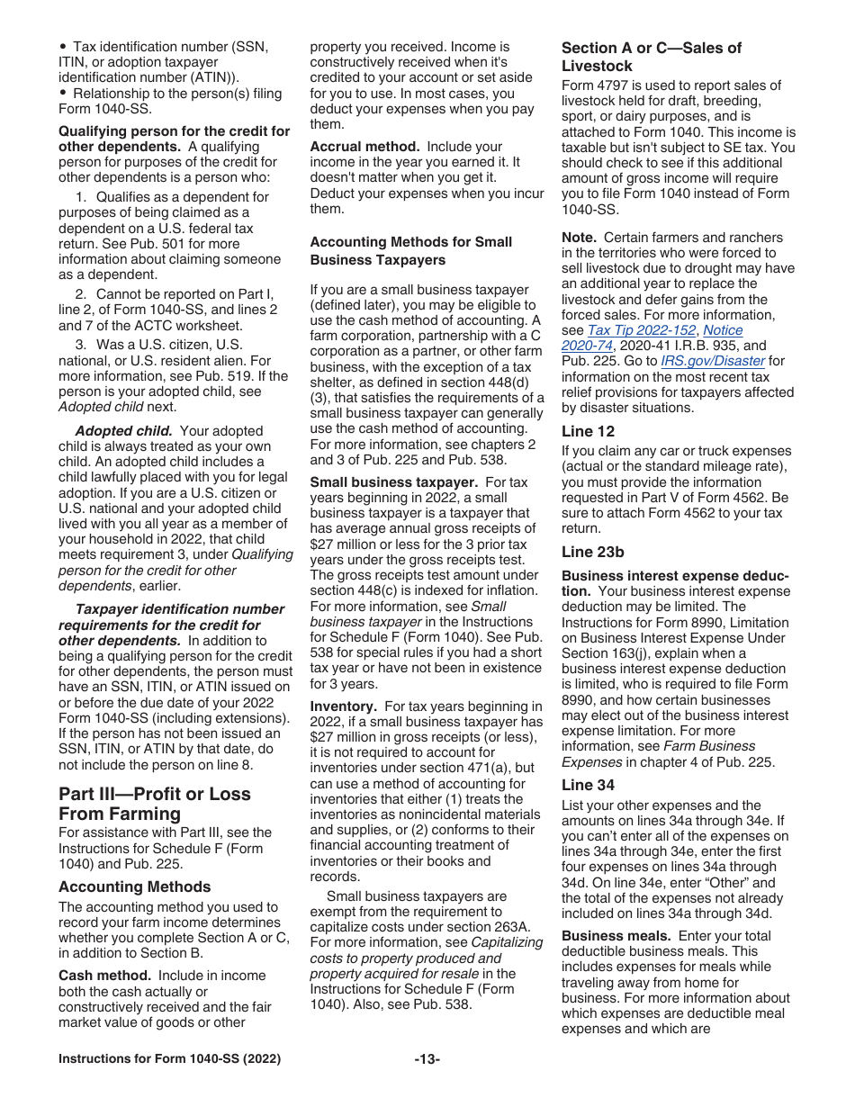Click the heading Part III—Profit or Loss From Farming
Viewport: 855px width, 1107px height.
154,804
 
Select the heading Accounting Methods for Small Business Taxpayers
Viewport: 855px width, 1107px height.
410,251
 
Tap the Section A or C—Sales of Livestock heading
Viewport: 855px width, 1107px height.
651,57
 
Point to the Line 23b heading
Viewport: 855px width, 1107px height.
593,552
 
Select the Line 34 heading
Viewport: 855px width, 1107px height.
589,785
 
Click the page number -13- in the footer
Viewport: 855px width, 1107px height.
427,1059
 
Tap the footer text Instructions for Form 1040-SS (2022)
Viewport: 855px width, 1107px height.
169,1059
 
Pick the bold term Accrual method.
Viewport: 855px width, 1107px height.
364,147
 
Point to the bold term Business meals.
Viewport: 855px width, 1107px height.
616,936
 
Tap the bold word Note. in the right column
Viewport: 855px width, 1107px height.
579,238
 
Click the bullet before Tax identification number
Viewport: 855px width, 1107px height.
63,47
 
